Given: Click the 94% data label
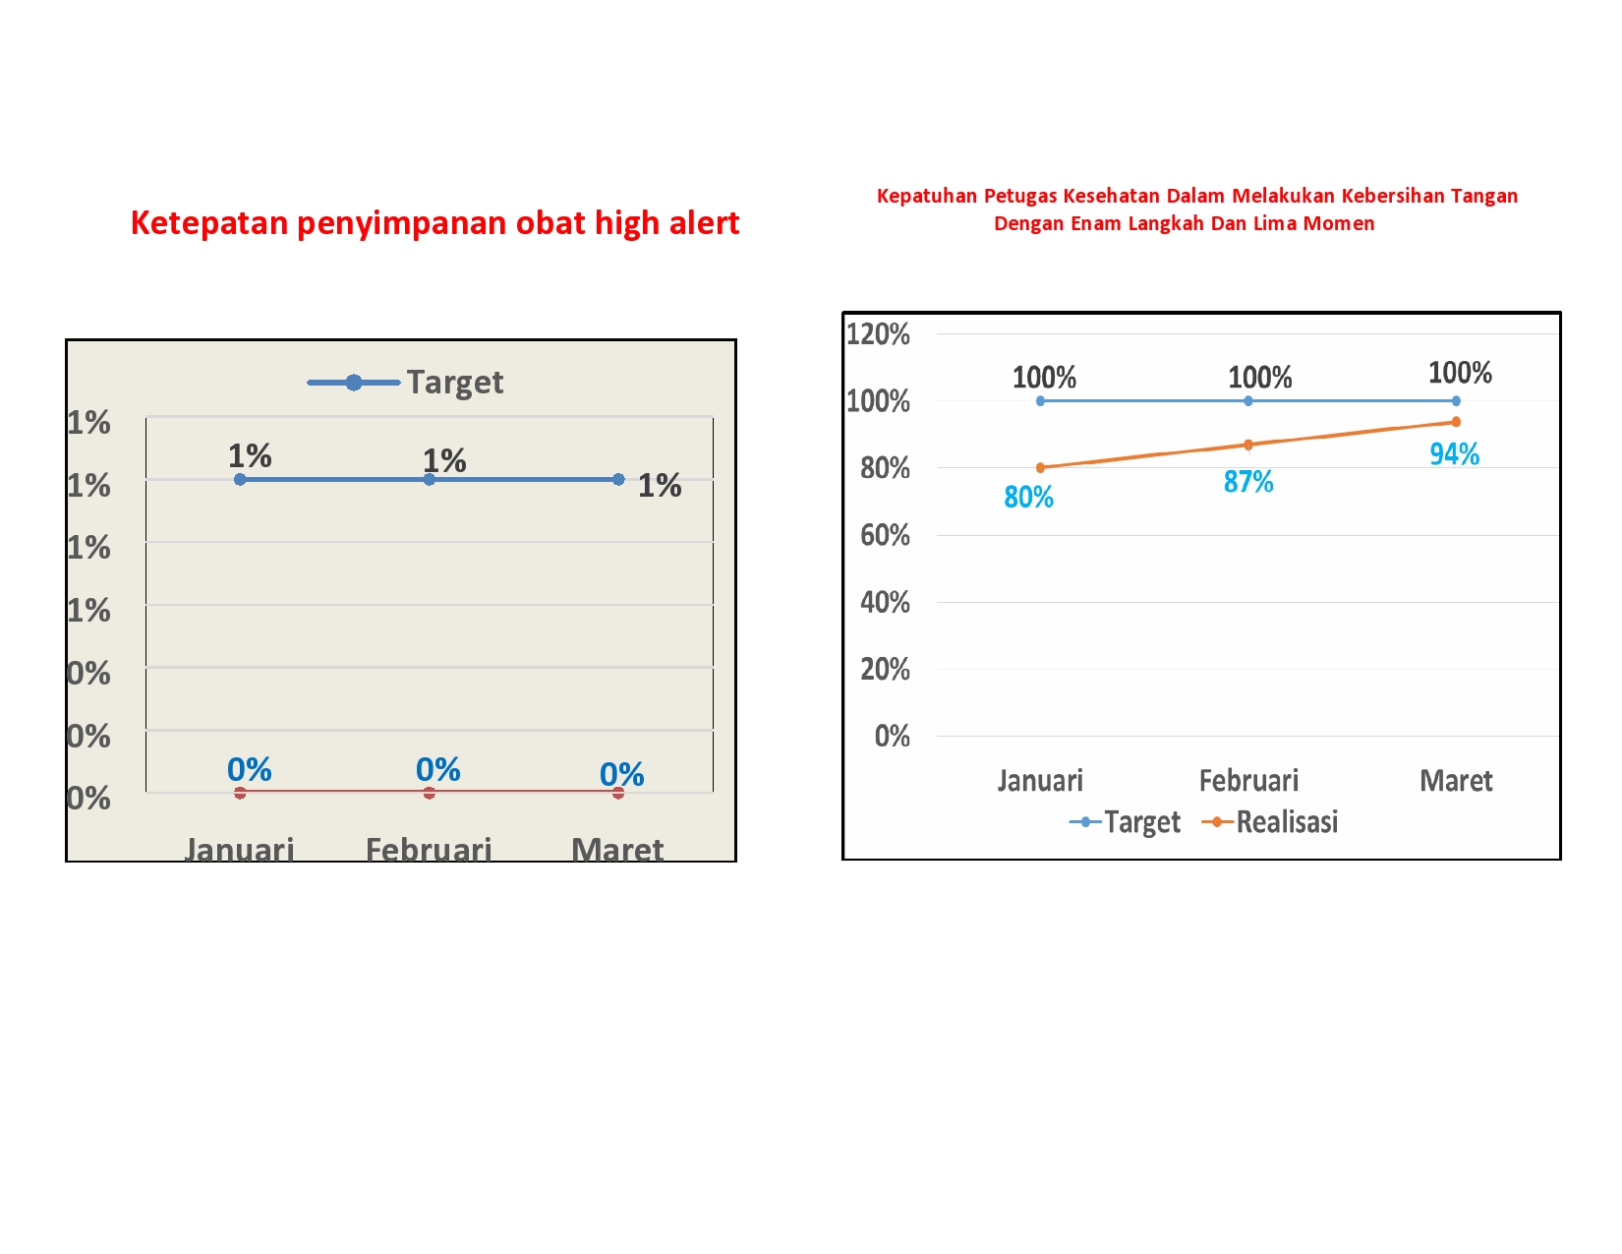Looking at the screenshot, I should tap(1454, 454).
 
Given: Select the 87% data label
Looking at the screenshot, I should tap(1247, 482).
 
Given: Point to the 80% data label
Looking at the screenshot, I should tap(1028, 498).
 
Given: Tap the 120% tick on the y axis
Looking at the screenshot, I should tap(878, 334).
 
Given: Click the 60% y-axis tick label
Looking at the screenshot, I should tap(885, 536).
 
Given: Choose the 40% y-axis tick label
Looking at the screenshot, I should tap(885, 603).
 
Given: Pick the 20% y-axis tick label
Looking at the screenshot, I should tap(885, 670).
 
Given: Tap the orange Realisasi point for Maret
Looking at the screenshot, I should tap(1456, 422).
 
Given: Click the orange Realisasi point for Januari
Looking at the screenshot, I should tap(1040, 467).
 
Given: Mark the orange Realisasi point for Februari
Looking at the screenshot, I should tap(1248, 445).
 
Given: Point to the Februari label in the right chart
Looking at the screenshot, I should tap(1248, 781).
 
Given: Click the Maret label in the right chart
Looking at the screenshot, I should tap(1456, 781).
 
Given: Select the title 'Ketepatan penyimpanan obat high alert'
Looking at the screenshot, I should tap(434, 223).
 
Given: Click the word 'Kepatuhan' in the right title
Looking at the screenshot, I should tap(926, 196).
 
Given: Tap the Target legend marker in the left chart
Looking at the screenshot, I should tap(354, 383).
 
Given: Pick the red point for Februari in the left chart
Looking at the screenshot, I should tap(429, 793).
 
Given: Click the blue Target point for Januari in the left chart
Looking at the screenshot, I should tap(240, 479).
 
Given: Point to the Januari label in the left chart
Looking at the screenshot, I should tap(239, 849).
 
